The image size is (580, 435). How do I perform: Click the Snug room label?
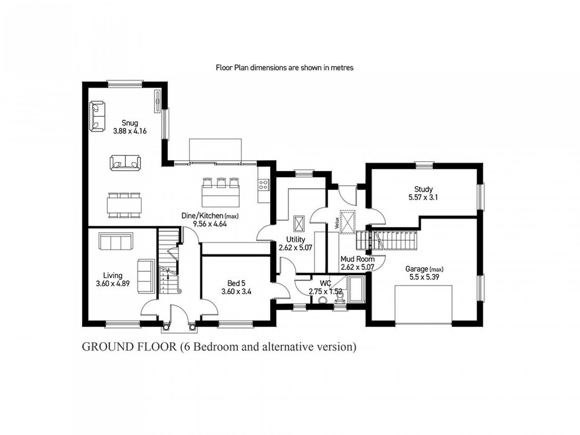click(x=129, y=123)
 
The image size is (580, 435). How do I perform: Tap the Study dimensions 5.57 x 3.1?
click(x=423, y=197)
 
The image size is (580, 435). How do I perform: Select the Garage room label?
click(x=417, y=269)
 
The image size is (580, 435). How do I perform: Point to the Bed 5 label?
click(x=236, y=283)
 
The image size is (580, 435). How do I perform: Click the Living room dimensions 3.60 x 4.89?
click(x=113, y=284)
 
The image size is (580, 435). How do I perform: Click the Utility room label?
click(x=296, y=240)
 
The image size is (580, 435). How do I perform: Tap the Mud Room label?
click(x=357, y=259)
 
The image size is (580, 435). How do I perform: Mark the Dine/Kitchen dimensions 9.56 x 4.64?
click(x=210, y=224)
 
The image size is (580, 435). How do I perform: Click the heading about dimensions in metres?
click(x=285, y=68)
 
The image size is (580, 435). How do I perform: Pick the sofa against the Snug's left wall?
click(x=97, y=116)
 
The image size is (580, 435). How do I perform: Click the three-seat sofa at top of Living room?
click(x=116, y=241)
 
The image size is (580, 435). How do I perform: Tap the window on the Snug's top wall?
click(x=125, y=83)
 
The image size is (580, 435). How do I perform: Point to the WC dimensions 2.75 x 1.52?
click(x=326, y=291)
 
